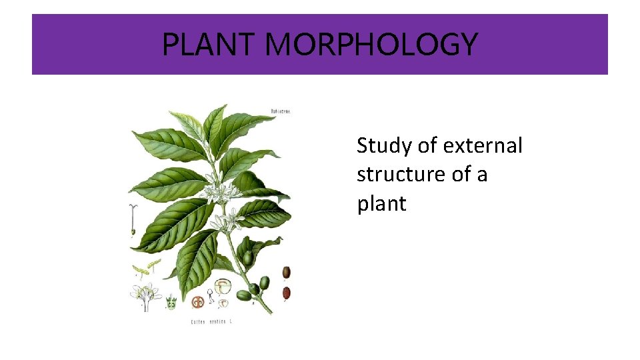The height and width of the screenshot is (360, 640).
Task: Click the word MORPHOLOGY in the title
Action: (371, 45)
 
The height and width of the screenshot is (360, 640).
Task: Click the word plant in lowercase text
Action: (381, 204)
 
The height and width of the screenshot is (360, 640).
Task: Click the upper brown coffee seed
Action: (286, 272)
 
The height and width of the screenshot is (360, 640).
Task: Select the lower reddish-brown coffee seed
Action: (287, 292)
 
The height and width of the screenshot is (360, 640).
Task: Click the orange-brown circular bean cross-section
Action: (197, 301)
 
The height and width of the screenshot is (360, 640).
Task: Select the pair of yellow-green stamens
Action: (147, 268)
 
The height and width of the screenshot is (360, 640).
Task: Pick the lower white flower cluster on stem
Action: (228, 221)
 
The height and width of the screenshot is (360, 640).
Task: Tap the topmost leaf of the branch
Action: (215, 120)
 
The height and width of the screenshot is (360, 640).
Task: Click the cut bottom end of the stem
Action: (271, 311)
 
